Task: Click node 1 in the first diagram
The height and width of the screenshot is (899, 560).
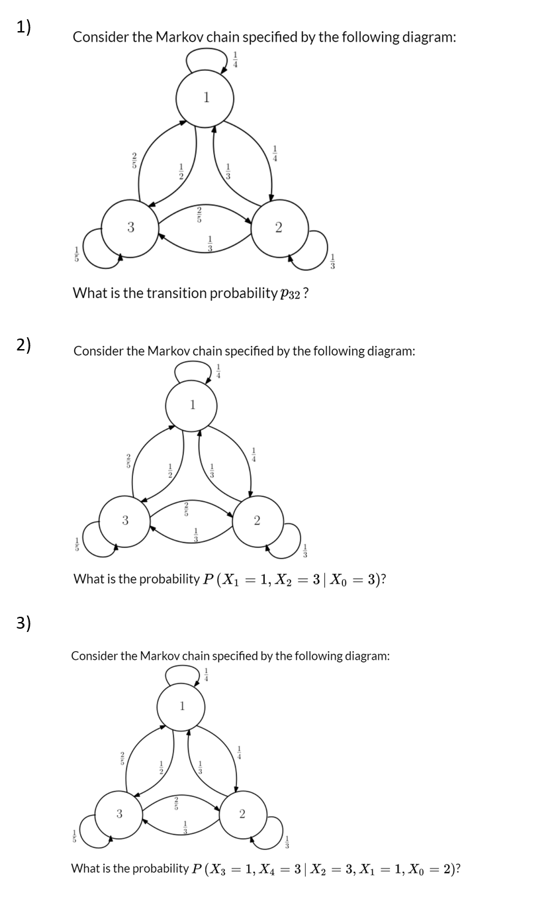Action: coord(205,99)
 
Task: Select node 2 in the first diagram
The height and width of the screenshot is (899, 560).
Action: coord(279,228)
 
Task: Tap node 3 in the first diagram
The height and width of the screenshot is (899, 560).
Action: coord(130,228)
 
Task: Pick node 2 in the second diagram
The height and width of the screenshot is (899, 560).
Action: coord(257,521)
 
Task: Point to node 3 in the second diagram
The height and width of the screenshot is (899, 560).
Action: coord(124,521)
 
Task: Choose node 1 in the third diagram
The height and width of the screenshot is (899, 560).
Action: coord(181,706)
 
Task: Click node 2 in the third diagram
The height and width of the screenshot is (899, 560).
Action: coord(242,814)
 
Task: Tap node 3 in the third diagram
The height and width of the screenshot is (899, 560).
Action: coord(119,814)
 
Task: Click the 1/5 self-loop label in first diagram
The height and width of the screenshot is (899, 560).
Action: coord(76,254)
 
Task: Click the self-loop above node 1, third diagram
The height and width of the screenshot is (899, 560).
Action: coord(181,675)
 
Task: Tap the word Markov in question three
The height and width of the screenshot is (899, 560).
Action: coord(161,656)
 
